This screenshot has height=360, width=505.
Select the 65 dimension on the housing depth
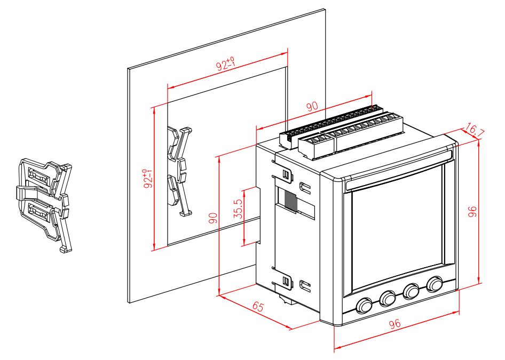click(258, 307)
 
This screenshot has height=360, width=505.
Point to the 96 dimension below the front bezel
click(395, 324)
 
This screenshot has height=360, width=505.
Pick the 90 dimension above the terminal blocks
click(312, 106)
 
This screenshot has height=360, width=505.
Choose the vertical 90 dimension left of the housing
click(213, 218)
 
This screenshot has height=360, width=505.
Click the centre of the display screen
click(398, 224)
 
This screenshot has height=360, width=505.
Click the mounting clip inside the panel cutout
click(179, 170)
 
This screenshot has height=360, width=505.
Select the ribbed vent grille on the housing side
click(289, 200)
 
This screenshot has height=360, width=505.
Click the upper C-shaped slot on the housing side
click(306, 187)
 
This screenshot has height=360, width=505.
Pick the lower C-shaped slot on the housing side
click(306, 285)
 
